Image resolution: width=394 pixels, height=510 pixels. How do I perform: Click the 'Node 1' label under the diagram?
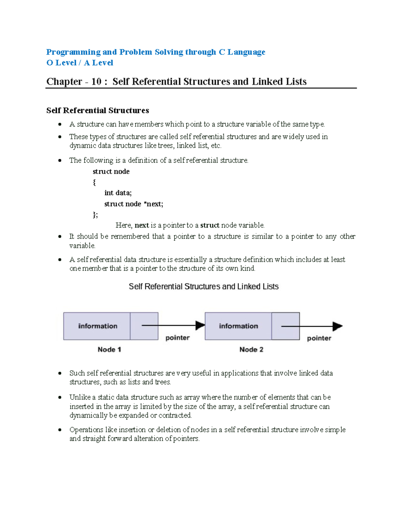109,349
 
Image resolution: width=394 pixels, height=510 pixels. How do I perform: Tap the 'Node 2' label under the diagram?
251,349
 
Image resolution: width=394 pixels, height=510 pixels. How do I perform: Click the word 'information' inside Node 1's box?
98,326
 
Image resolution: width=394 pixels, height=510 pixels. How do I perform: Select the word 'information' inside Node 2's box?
238,326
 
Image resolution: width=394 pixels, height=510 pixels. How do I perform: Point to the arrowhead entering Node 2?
200,325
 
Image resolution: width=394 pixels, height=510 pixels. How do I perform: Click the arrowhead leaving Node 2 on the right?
337,326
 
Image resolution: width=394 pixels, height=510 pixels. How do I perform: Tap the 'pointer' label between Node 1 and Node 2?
177,338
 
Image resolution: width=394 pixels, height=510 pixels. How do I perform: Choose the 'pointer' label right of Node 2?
319,338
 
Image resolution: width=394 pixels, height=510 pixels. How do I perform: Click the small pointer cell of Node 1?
144,326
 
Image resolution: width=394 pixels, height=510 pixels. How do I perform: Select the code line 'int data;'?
118,193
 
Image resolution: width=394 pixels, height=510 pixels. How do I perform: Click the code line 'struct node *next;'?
134,204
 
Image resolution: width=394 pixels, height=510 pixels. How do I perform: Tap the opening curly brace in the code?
94,182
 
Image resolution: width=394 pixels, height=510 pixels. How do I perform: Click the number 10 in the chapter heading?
96,81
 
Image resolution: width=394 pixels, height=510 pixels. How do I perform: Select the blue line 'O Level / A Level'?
80,63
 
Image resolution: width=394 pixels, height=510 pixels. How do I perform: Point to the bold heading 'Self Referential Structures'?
98,110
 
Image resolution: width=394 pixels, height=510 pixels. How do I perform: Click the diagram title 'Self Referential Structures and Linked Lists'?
204,286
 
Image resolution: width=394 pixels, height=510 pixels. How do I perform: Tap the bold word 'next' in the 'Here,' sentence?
142,225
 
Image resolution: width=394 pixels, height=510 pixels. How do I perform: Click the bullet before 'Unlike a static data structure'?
60,397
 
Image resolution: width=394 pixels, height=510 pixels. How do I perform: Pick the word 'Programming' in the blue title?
73,52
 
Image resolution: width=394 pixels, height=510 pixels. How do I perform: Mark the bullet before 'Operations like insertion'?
60,430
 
